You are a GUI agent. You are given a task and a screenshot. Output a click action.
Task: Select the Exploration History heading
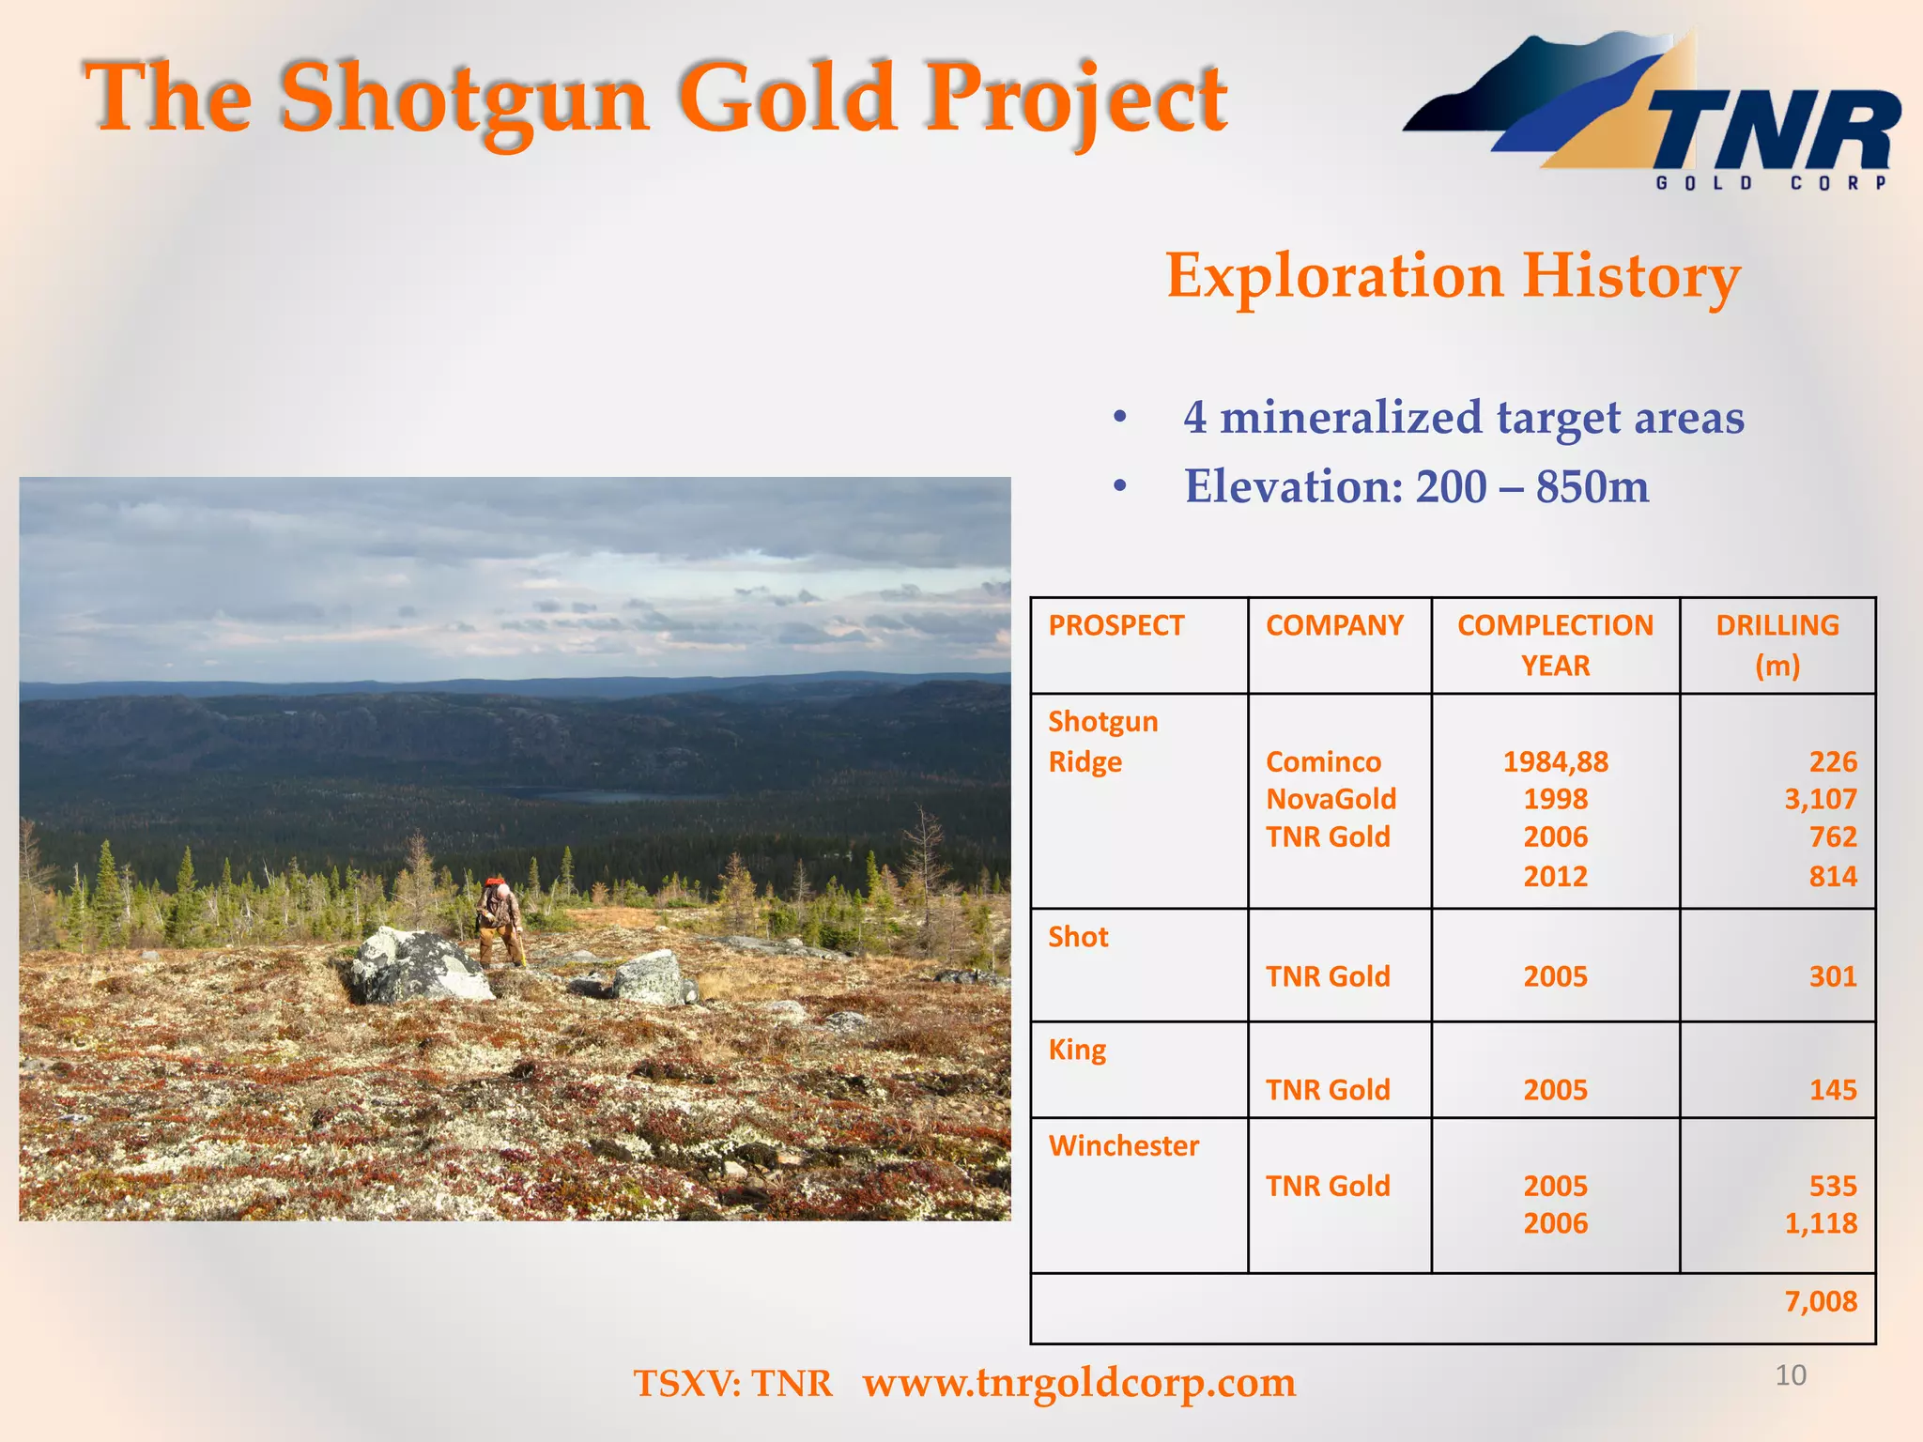(x=1453, y=276)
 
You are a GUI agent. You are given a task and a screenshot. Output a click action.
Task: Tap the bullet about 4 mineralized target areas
(x=1463, y=417)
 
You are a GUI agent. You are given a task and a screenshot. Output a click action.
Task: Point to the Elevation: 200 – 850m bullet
(x=1416, y=486)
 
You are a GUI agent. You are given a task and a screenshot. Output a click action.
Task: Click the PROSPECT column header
(x=1115, y=625)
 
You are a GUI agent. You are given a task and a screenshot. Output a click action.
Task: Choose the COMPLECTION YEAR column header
(x=1555, y=645)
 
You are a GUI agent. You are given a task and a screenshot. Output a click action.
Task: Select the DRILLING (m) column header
(x=1777, y=645)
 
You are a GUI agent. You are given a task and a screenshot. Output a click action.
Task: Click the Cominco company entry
(x=1323, y=761)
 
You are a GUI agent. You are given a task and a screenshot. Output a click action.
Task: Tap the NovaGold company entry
(x=1331, y=799)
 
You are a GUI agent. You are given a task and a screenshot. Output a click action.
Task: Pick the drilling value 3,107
(x=1820, y=799)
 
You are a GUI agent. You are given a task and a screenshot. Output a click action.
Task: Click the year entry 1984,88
(x=1555, y=761)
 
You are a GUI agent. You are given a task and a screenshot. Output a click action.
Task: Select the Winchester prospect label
(x=1123, y=1145)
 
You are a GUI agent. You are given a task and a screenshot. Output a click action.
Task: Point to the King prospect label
(x=1077, y=1050)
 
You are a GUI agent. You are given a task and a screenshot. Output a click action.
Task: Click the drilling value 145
(x=1833, y=1090)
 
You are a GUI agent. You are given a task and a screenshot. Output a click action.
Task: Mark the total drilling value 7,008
(x=1820, y=1301)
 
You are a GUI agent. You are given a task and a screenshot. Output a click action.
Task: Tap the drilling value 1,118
(x=1820, y=1223)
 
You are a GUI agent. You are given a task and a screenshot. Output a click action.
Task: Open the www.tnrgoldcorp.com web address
(x=1079, y=1383)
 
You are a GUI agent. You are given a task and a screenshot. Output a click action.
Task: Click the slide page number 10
(x=1790, y=1375)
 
